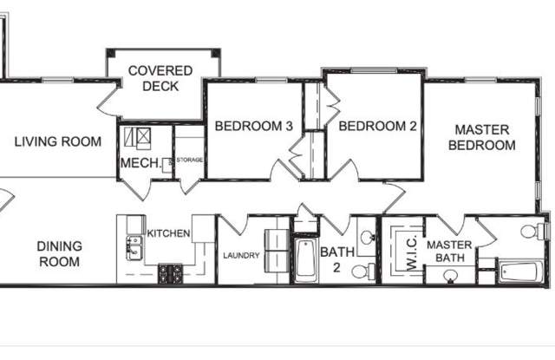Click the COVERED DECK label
click(x=153, y=78)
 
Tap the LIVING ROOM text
click(x=58, y=141)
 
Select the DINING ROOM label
click(x=59, y=253)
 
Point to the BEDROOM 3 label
click(x=253, y=127)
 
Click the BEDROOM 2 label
click(x=378, y=127)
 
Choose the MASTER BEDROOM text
click(x=481, y=138)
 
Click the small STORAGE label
click(x=189, y=160)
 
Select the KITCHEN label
click(x=168, y=233)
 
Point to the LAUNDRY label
click(x=242, y=256)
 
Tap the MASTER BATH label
click(x=448, y=252)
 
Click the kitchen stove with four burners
click(x=170, y=275)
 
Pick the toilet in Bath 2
click(x=364, y=272)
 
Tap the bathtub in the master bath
click(x=521, y=272)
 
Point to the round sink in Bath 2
click(x=366, y=236)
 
